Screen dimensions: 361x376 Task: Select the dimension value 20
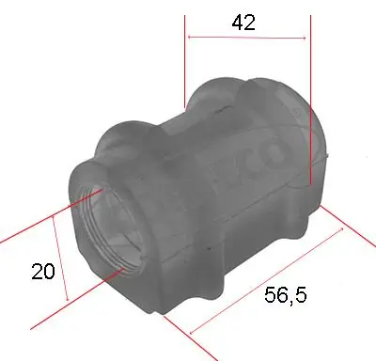(43, 272)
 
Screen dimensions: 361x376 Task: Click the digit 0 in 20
(50, 272)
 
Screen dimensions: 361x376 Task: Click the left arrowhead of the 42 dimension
(191, 38)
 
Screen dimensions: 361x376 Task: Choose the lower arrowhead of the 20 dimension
(68, 298)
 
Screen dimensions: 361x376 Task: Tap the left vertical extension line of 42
(186, 56)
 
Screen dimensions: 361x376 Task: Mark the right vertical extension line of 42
(309, 94)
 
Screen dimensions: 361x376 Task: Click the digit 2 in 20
(38, 272)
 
